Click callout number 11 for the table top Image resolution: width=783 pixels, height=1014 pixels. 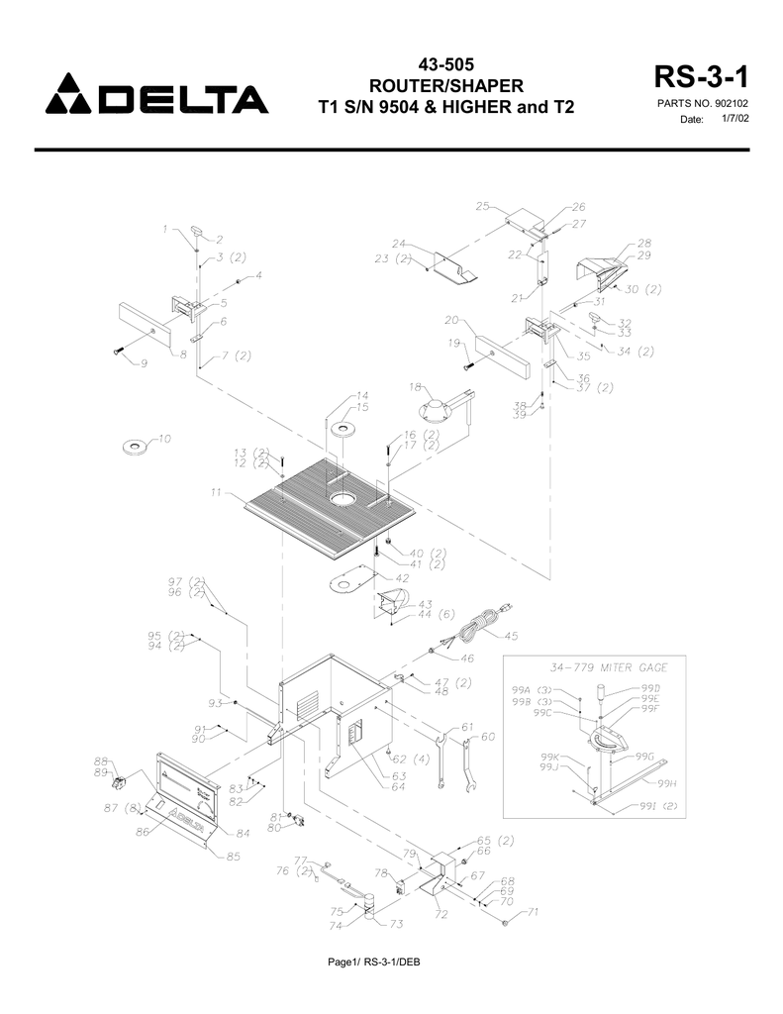(x=216, y=492)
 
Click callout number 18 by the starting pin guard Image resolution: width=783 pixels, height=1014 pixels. (x=415, y=386)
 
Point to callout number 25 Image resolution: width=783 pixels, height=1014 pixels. (x=483, y=206)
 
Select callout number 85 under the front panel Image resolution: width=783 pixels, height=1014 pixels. (x=232, y=858)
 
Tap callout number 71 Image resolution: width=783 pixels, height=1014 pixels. (x=532, y=911)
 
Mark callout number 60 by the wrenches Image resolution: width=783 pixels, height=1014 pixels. (x=487, y=738)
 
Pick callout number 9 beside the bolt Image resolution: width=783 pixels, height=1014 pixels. (x=145, y=363)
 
